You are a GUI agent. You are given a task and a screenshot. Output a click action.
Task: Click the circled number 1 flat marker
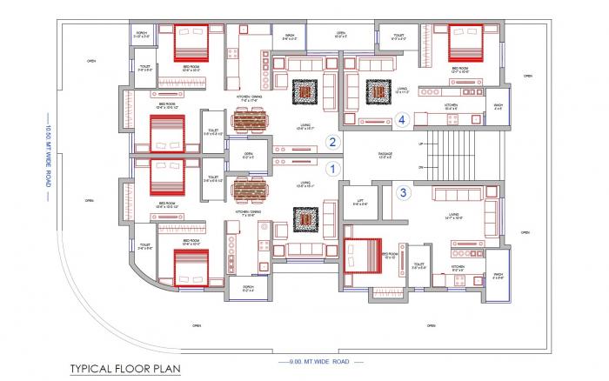coord(331,170)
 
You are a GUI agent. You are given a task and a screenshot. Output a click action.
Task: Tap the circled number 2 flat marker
coord(331,141)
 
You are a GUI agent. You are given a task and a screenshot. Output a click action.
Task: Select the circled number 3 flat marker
coord(403,192)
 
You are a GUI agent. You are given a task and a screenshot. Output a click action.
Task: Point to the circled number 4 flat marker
coord(403,121)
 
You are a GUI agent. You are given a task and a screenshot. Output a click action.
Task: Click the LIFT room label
coord(356,201)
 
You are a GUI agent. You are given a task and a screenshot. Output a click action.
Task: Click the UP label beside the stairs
coord(421,143)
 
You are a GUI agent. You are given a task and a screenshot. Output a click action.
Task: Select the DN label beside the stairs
coord(421,166)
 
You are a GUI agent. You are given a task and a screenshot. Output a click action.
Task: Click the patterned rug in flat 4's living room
coord(378,91)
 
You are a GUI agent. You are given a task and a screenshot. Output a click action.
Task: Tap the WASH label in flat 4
coord(498,109)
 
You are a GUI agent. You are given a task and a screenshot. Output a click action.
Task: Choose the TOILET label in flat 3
coord(418,265)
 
